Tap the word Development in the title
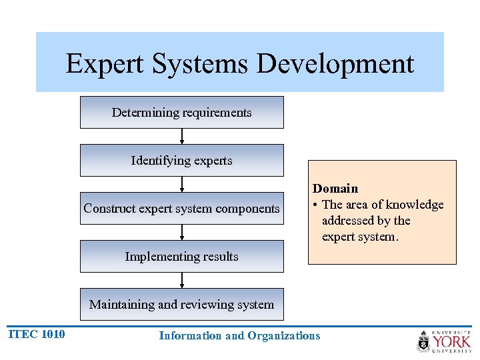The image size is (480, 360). point(335,64)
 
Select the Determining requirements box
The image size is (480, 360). point(181,113)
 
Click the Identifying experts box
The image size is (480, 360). point(181,161)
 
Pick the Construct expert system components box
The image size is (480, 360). point(181,209)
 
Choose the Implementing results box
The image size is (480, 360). point(181,257)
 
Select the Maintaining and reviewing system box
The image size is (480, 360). point(181,305)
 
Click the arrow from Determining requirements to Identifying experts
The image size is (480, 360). point(182,137)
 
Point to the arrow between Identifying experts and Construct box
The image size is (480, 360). point(182,185)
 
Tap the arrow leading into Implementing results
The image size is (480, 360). point(182,233)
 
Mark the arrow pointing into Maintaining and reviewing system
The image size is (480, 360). point(182,281)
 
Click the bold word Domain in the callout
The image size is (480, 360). point(335,189)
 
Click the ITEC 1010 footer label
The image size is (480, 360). point(37,335)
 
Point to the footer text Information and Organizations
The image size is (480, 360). point(239,336)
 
